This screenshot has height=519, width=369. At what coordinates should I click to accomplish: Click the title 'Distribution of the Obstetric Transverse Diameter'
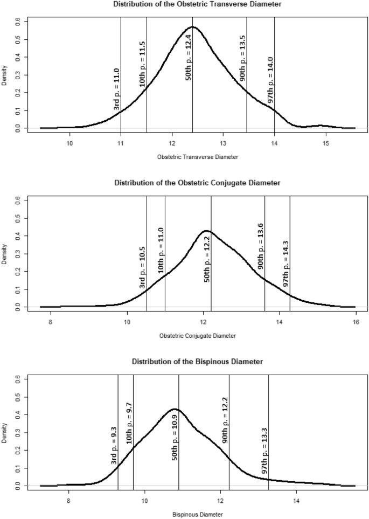coord(198,5)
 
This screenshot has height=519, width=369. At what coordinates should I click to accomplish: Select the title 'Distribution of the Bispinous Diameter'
coord(198,361)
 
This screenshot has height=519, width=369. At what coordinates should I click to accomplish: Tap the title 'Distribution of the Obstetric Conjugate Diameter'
coord(198,183)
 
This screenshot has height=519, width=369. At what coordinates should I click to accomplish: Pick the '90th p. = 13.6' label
coord(261,245)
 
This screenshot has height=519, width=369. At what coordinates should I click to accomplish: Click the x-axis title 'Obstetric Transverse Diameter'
coord(198,157)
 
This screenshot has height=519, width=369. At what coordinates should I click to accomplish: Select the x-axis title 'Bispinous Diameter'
coord(198,514)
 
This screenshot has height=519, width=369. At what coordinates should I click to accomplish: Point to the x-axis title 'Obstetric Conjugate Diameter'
coord(198,335)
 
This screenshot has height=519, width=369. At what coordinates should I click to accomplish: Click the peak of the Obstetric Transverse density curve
coord(192,26)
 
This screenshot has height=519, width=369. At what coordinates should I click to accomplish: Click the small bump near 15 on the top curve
coord(322,126)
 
